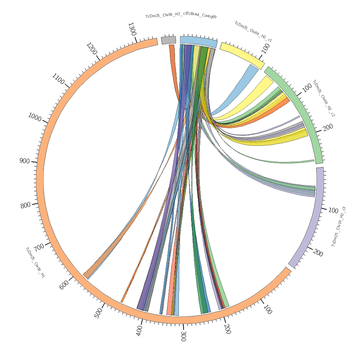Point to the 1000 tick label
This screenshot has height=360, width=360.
(x=35, y=117)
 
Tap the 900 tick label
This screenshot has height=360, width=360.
(x=24, y=161)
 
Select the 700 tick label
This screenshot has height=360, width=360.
(x=39, y=247)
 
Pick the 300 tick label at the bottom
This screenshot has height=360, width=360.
(x=183, y=336)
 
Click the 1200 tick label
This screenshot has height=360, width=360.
(x=92, y=49)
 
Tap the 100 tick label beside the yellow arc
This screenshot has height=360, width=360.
(x=266, y=48)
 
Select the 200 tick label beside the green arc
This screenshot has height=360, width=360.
(x=328, y=127)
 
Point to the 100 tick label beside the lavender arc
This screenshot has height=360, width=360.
(x=333, y=210)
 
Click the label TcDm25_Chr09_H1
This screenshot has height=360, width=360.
(x=35, y=262)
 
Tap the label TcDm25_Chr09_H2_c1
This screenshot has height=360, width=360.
(x=253, y=32)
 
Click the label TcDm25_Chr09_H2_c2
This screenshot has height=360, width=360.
(x=323, y=98)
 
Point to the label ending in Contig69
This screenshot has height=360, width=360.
(x=181, y=16)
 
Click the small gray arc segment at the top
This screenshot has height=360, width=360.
(x=168, y=40)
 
